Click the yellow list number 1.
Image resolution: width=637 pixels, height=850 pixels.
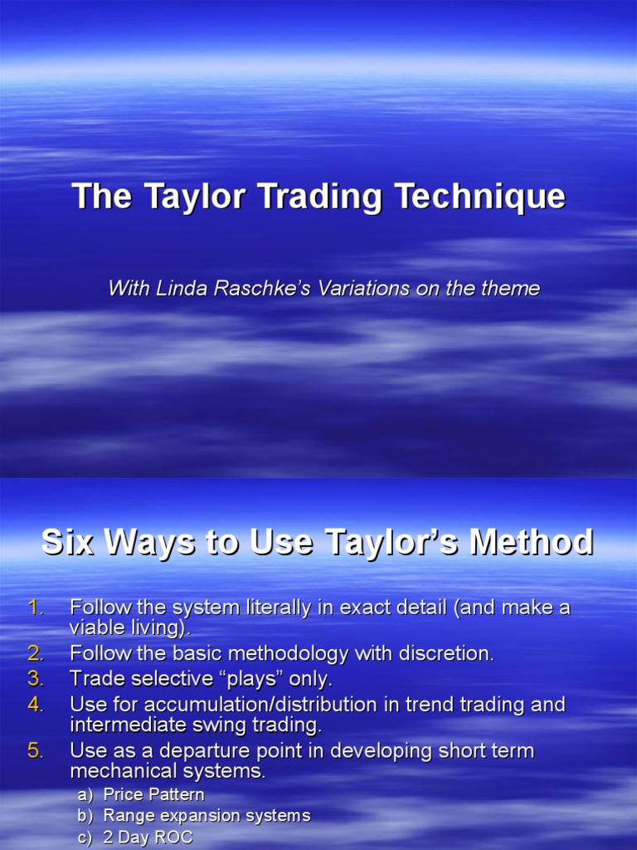click(x=34, y=608)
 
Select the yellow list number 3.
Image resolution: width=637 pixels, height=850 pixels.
click(x=34, y=679)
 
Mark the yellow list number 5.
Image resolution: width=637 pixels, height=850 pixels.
click(x=34, y=751)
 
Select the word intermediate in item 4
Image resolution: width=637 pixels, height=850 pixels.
click(x=124, y=725)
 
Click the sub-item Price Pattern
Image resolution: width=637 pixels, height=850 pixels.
click(x=153, y=795)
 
